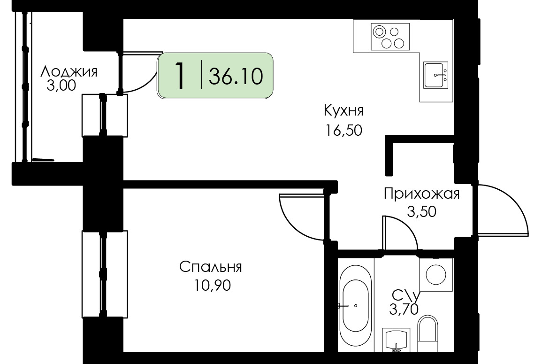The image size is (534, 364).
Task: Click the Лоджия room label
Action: point(69,71)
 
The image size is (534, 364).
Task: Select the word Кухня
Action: point(343,110)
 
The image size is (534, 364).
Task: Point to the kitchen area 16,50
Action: point(343,131)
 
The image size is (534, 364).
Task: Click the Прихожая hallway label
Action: point(421,194)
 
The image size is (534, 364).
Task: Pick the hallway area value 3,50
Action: point(421,212)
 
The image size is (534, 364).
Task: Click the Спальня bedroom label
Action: point(211,267)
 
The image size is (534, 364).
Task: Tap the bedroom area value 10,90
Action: point(213,285)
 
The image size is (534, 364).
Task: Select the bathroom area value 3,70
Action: point(404,310)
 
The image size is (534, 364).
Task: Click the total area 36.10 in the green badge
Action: point(236,76)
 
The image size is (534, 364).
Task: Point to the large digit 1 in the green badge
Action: point(179,76)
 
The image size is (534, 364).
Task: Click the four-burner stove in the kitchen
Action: point(390,37)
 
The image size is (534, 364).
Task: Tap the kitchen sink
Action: point(435,75)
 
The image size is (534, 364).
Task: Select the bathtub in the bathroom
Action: point(356,299)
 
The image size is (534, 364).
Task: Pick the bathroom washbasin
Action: point(396,340)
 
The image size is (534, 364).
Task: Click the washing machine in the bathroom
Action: point(436,275)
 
